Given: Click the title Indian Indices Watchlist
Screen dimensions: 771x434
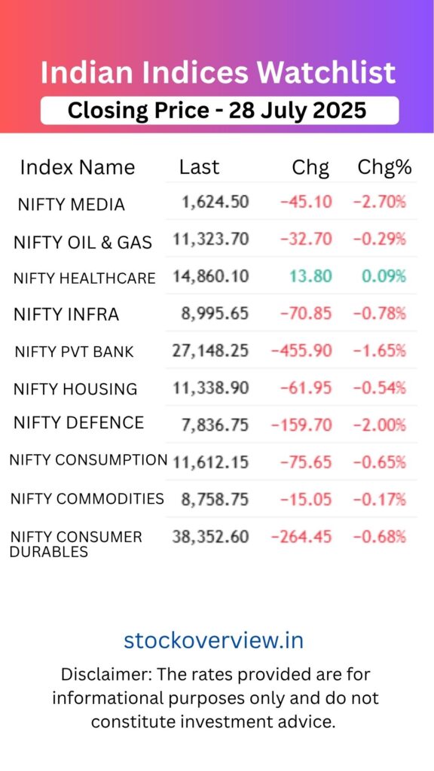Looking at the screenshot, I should coord(217,73).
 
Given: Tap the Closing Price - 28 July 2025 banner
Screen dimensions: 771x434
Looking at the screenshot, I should coord(217,111).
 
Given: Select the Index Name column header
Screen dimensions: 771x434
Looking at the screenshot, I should coord(77,167).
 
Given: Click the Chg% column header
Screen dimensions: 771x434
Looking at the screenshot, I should coord(384,167).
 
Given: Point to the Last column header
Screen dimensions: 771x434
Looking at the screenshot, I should coord(199,167).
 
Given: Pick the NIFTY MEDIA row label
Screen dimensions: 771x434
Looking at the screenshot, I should coord(71,204).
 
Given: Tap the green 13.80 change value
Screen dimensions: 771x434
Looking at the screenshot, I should coord(310,276).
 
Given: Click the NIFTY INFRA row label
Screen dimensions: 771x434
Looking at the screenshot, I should coord(66,315).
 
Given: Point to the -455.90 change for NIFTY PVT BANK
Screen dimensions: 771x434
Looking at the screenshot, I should coord(301,350).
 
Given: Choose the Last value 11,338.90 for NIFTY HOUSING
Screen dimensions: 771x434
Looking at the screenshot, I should coord(210,388).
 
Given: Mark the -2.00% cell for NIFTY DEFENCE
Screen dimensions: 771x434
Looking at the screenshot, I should coord(380,425).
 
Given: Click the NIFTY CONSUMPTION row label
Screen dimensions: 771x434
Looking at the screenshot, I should coord(88,460).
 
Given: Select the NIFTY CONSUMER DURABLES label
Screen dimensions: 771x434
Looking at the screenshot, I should coord(75,544).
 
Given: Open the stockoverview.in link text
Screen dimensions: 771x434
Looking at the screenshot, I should coord(214,640).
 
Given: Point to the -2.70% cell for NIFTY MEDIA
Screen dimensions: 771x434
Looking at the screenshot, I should coord(380,202).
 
